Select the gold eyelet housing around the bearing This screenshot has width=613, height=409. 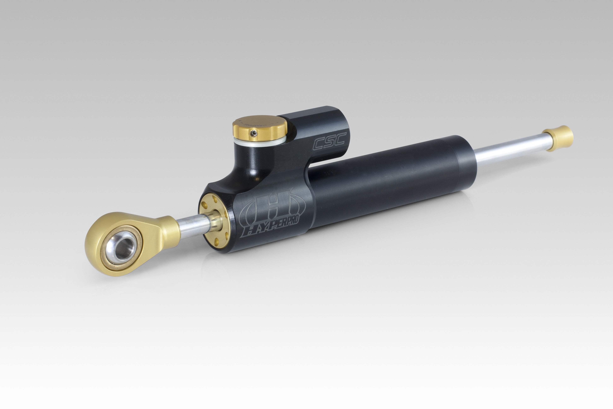[104, 235]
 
